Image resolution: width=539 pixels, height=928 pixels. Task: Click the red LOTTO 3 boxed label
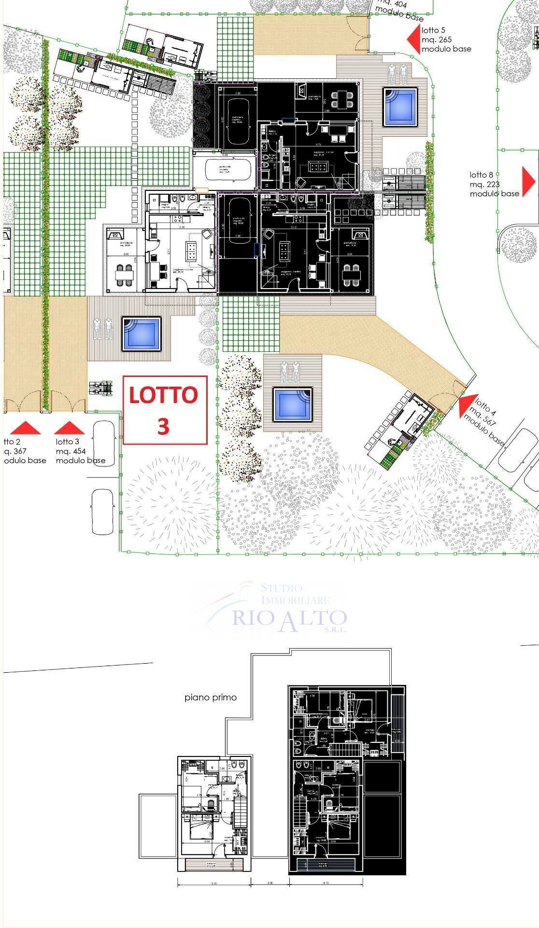[165, 410]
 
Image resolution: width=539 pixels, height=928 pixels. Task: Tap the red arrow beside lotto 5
[413, 39]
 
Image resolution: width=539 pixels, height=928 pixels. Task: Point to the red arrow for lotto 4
[466, 406]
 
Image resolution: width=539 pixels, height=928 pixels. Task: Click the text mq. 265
[436, 40]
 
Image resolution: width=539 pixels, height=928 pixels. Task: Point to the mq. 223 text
[484, 184]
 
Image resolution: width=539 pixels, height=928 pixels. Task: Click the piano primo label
[211, 697]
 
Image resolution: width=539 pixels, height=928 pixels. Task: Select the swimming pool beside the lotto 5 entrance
[400, 107]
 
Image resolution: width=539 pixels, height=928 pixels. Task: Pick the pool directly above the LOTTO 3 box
[141, 333]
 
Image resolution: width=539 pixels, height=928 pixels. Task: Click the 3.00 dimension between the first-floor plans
[270, 882]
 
